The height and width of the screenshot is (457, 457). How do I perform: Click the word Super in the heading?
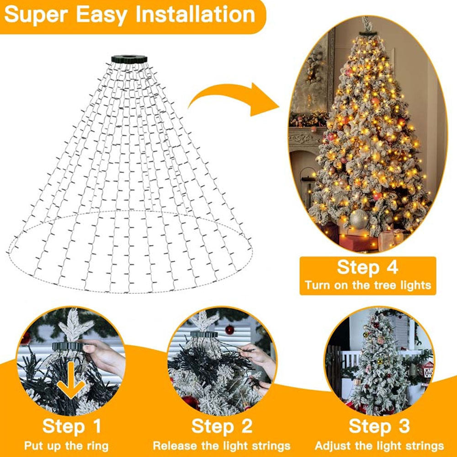[x=37, y=15]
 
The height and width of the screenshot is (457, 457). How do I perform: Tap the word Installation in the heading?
[x=195, y=14]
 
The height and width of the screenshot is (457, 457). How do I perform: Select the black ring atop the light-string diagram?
[x=129, y=59]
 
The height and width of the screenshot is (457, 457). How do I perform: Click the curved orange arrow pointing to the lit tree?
[x=233, y=99]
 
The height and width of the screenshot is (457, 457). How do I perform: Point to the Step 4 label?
[x=367, y=267]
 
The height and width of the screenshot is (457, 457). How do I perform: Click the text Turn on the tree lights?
[x=368, y=285]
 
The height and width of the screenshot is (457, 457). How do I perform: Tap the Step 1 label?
[x=72, y=426]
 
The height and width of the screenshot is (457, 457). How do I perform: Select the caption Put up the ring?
[x=66, y=446]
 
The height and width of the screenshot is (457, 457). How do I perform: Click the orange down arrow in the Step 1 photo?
[x=71, y=380]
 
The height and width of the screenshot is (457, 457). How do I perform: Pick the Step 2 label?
[x=222, y=426]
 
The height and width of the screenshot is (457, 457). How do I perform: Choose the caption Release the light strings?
[x=222, y=446]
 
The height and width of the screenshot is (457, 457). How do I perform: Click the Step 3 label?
[x=379, y=426]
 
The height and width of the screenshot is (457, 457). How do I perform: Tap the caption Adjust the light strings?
[x=379, y=446]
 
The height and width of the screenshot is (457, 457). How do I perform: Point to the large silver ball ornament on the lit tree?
[x=359, y=219]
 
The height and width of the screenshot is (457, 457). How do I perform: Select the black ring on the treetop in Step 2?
[x=204, y=334]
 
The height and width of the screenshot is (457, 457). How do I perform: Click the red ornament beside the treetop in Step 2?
[x=230, y=329]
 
